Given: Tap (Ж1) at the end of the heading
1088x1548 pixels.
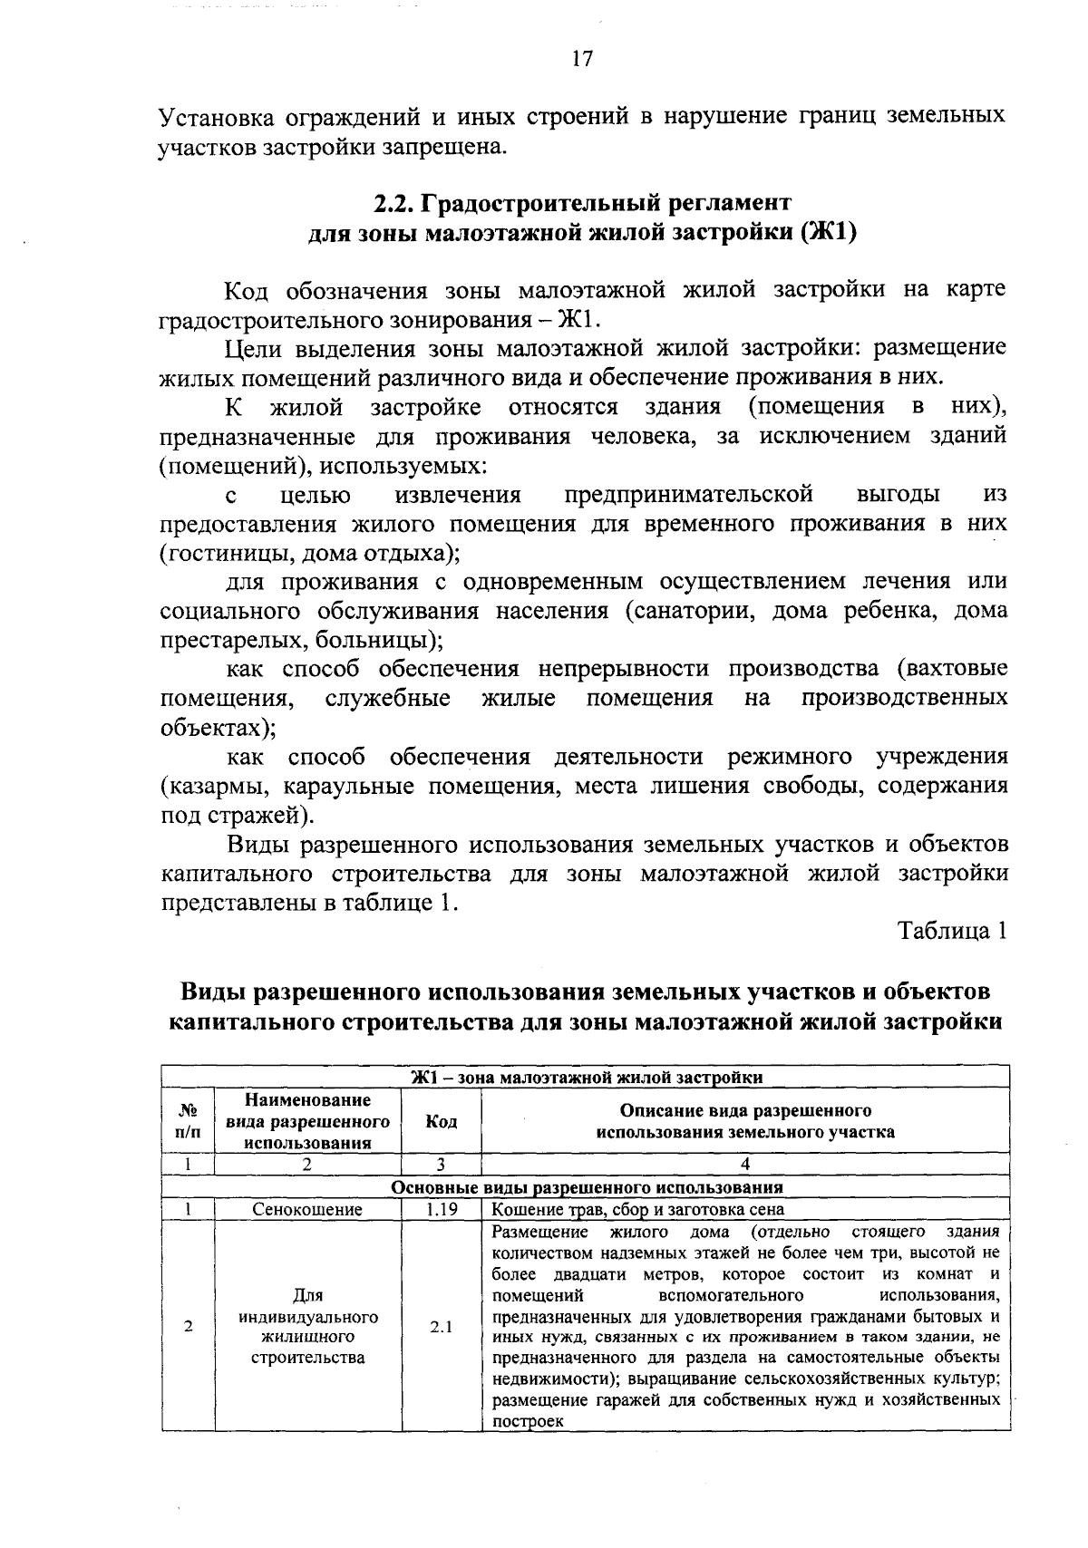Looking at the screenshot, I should (x=829, y=232).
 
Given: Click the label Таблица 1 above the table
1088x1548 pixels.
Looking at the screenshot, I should (x=952, y=931).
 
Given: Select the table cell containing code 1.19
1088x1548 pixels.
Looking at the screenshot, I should (x=441, y=1210).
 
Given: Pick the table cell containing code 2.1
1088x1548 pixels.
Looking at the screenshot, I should (x=441, y=1327).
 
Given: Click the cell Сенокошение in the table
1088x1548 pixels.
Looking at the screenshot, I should (x=307, y=1210).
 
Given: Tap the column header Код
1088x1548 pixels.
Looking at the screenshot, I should (x=441, y=1121).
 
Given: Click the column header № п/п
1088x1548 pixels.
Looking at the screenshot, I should (x=189, y=1121).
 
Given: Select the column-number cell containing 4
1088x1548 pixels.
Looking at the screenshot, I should (x=744, y=1165).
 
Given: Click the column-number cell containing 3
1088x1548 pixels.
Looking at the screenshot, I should (x=441, y=1165).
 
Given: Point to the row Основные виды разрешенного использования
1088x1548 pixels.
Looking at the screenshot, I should (x=586, y=1187).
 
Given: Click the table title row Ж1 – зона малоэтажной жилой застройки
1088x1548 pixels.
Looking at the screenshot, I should (x=586, y=1077).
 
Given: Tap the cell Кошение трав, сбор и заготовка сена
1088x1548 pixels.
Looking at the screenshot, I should (x=637, y=1210).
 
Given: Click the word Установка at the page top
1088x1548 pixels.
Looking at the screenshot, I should (x=216, y=118).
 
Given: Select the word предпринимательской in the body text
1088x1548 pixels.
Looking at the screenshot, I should (x=688, y=495).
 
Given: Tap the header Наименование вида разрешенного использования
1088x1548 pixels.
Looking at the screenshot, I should (x=307, y=1121).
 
